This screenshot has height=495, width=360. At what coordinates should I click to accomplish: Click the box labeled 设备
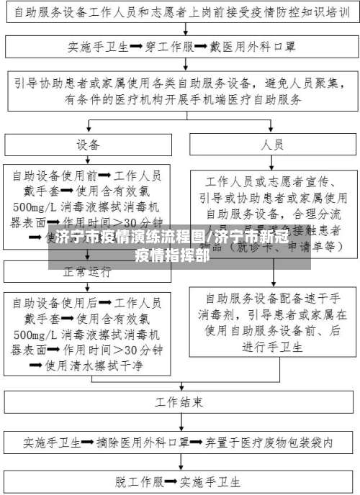click(x=88, y=145)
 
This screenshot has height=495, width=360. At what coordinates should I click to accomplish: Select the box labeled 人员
click(x=272, y=145)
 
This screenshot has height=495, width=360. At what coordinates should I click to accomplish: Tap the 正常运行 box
click(x=88, y=272)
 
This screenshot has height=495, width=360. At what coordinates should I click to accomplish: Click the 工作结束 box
click(x=180, y=399)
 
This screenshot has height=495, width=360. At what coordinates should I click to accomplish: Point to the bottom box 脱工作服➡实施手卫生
click(x=180, y=480)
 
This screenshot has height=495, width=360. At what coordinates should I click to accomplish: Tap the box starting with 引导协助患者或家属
click(x=180, y=91)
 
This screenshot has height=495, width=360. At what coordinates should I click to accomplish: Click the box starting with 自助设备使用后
click(x=88, y=332)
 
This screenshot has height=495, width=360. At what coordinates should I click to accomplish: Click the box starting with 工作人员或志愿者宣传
click(x=272, y=212)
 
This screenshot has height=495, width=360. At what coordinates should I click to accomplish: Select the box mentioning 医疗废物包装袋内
click(x=180, y=441)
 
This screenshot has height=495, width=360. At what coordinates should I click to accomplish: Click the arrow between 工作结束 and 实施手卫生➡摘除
click(x=180, y=420)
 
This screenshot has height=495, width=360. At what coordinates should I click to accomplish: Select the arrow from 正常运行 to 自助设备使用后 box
click(x=88, y=286)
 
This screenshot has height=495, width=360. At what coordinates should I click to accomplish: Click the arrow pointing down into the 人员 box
click(x=272, y=125)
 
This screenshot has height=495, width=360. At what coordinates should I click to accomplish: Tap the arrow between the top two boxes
click(x=180, y=30)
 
